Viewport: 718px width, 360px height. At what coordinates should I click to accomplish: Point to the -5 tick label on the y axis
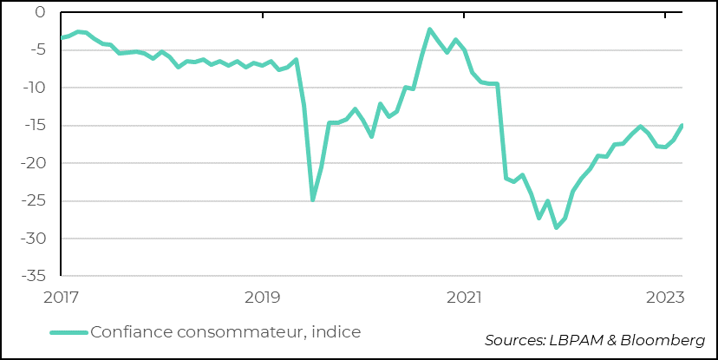click(x=36, y=50)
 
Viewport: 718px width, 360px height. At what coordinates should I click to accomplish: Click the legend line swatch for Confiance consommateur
click(x=69, y=332)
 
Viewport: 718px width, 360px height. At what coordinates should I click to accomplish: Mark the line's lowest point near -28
click(x=556, y=227)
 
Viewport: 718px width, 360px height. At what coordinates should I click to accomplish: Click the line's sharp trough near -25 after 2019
click(x=313, y=200)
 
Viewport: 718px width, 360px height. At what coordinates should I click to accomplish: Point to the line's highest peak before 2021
click(x=430, y=29)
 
